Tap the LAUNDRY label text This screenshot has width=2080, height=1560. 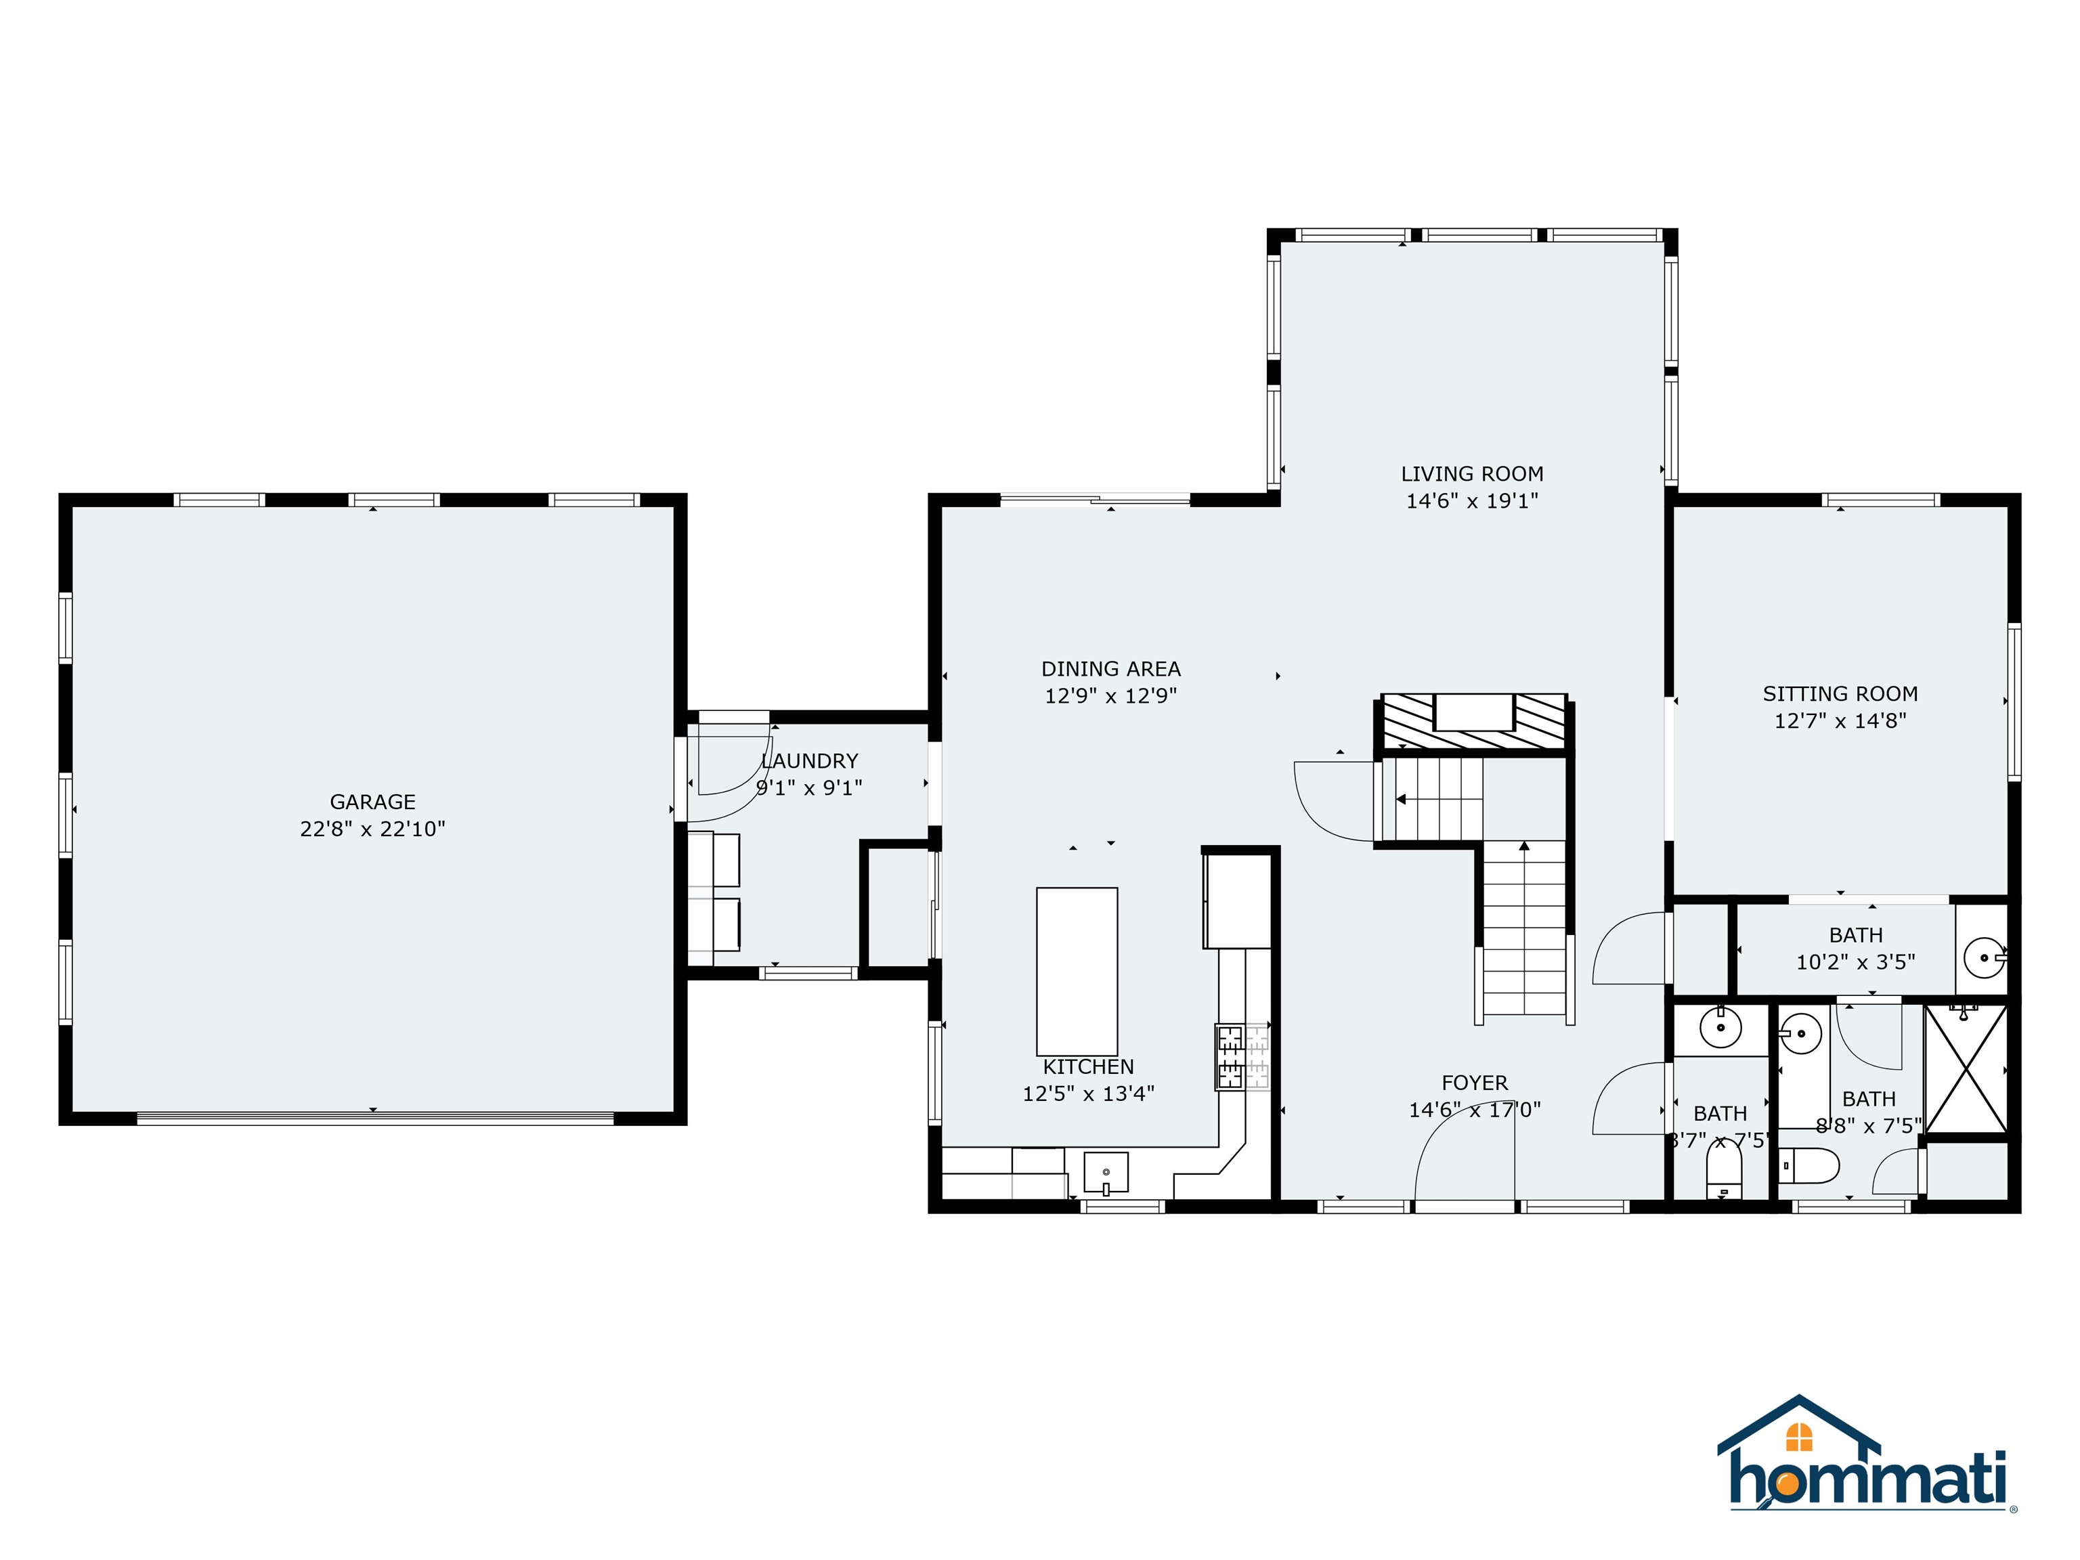point(810,761)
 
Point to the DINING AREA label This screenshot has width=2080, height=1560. point(1110,668)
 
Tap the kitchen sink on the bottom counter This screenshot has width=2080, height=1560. point(1106,1173)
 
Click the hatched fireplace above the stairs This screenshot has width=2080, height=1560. point(1473,722)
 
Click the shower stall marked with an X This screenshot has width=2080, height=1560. point(1966,1070)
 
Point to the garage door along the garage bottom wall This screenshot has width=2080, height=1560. point(374,1118)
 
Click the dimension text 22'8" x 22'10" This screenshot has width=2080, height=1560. point(372,829)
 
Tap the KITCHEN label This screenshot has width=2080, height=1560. point(1088,1066)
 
